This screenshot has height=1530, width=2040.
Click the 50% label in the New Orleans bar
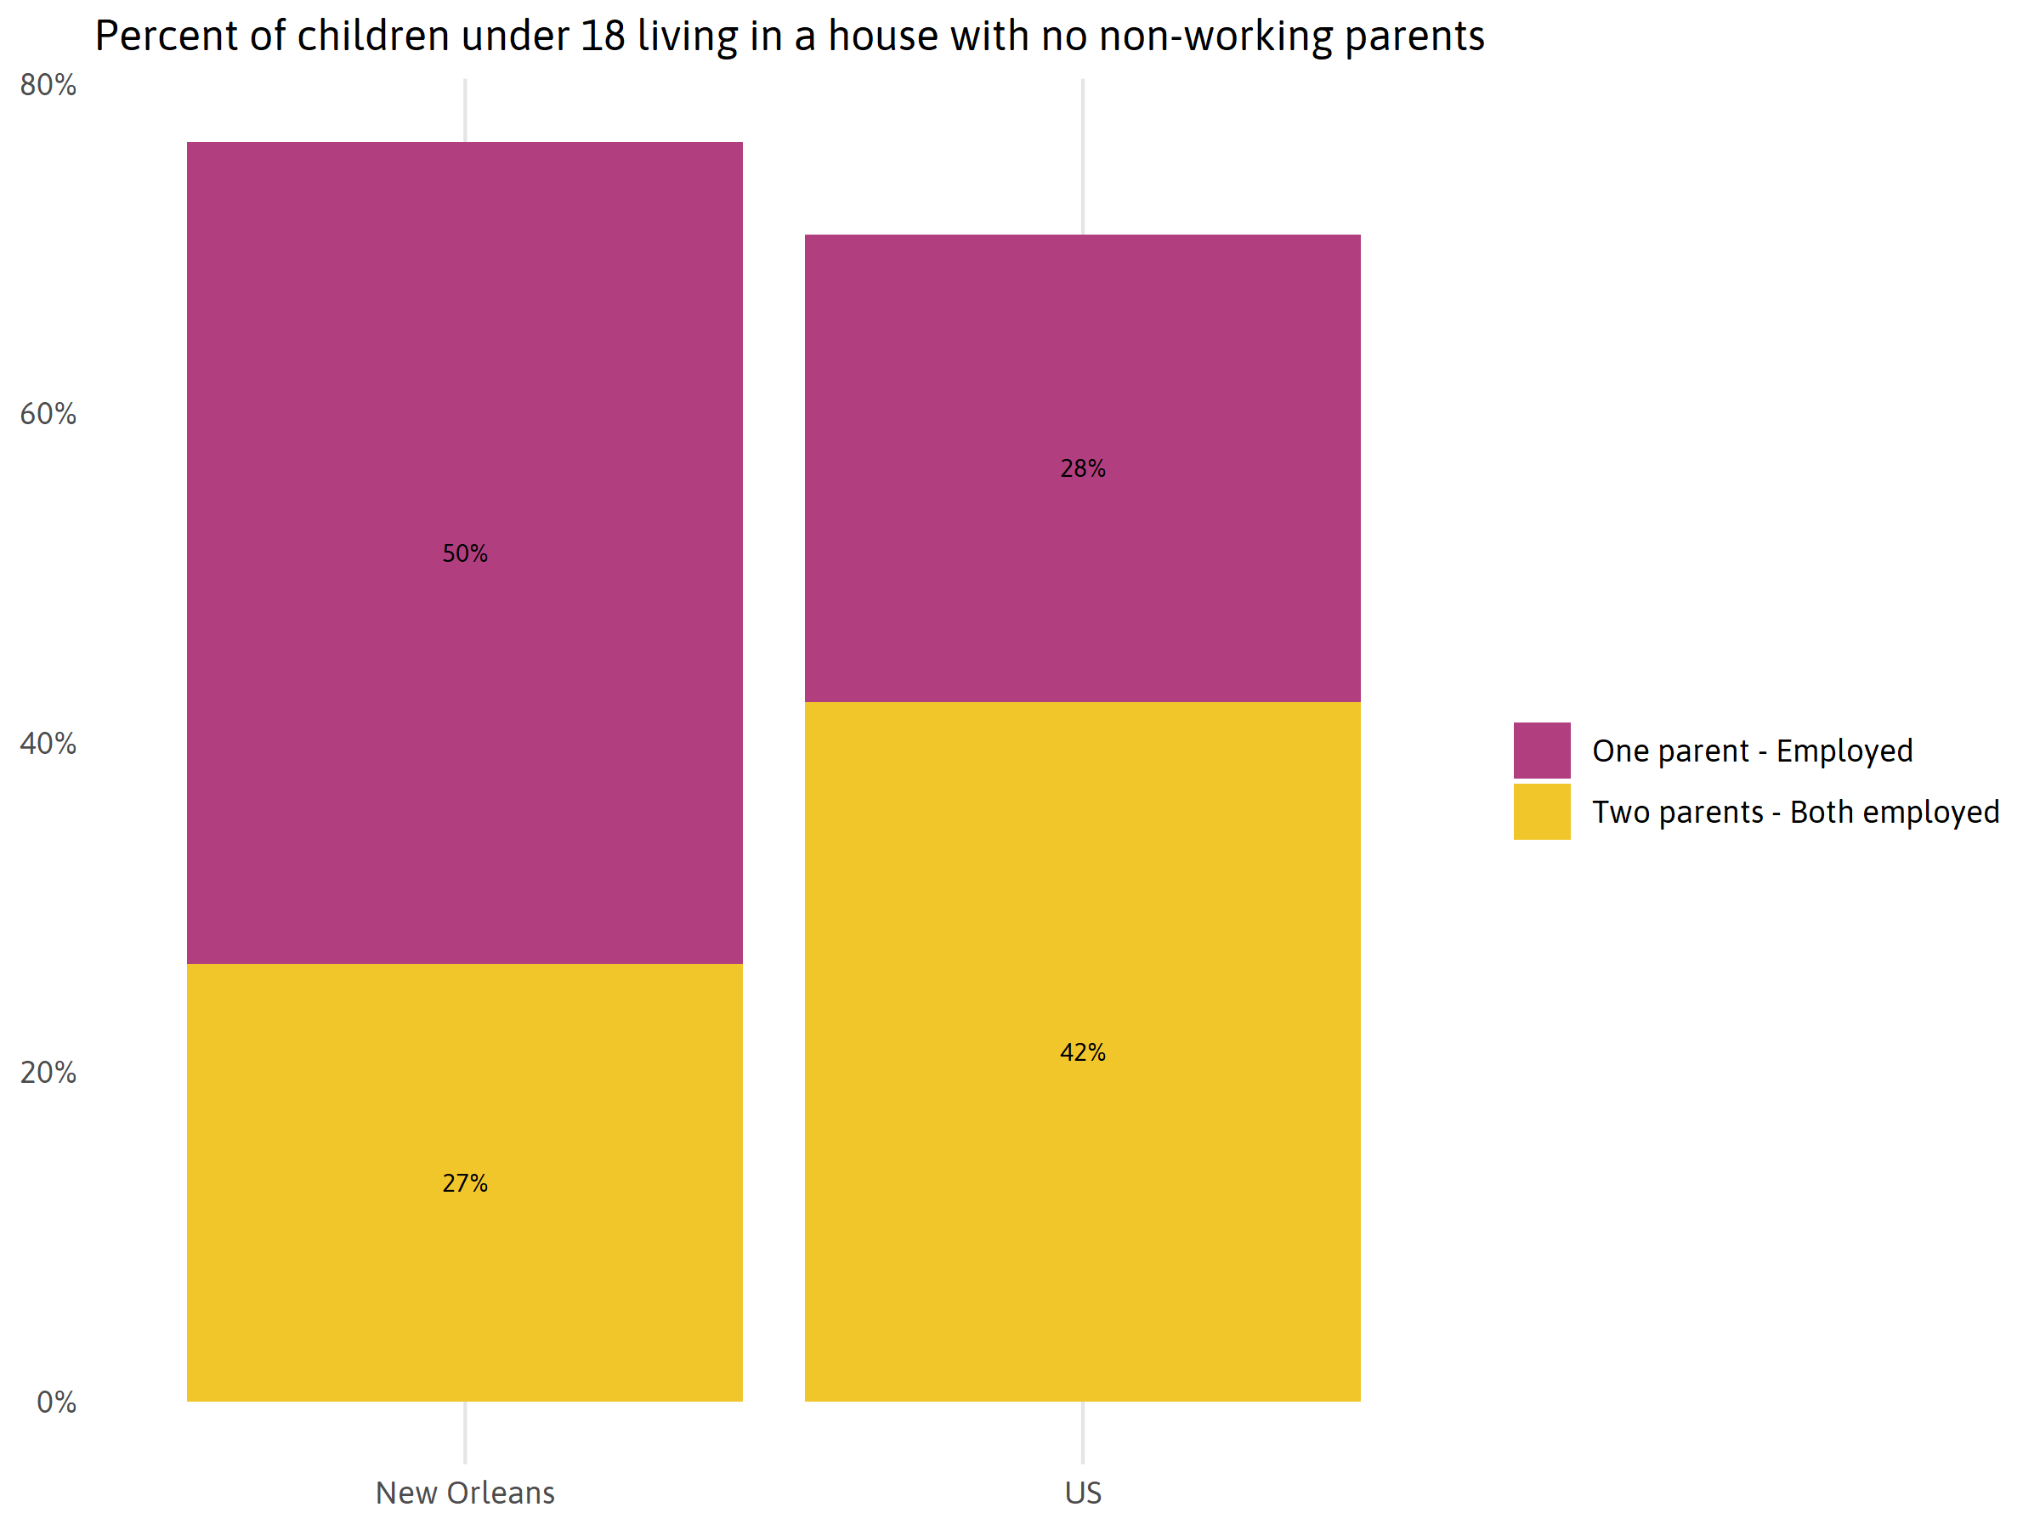click(x=465, y=553)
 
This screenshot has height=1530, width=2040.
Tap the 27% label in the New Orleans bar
click(x=465, y=1183)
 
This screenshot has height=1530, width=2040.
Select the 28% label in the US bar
click(x=1083, y=468)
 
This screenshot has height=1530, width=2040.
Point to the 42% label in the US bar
click(x=1083, y=1052)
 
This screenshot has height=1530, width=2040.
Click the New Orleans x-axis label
click(x=465, y=1493)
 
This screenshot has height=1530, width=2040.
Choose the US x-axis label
click(x=1083, y=1493)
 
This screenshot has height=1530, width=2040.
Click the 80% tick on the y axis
click(x=48, y=85)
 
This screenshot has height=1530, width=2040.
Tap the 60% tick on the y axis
click(x=48, y=414)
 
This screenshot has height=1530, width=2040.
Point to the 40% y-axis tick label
click(x=48, y=744)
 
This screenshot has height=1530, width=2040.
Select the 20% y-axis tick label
click(x=48, y=1073)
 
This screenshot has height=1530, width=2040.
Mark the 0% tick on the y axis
click(x=56, y=1402)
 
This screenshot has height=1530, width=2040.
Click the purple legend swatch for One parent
click(x=1541, y=750)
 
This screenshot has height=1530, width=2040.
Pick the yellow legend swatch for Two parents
click(x=1541, y=812)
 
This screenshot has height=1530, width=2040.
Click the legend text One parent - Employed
click(x=1752, y=751)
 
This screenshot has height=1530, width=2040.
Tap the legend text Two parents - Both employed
click(x=1795, y=812)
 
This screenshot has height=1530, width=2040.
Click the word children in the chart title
click(x=373, y=37)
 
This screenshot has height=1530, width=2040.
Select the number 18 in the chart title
click(x=603, y=37)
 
